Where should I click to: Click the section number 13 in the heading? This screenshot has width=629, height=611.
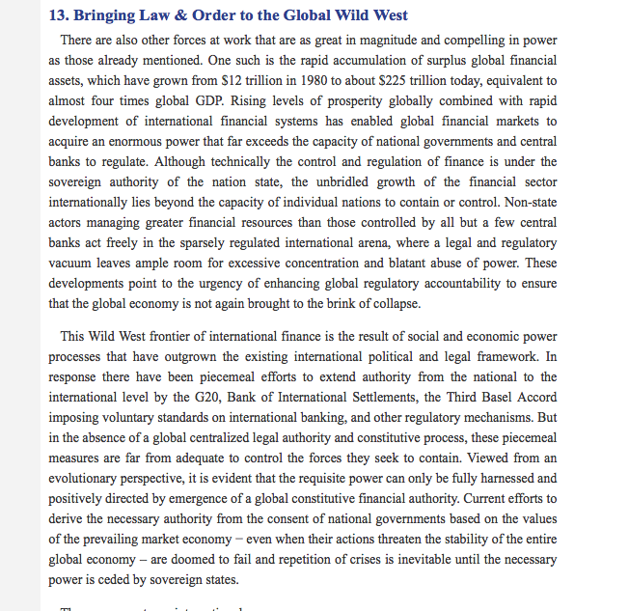(58, 15)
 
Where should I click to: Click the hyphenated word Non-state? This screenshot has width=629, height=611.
(531, 202)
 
